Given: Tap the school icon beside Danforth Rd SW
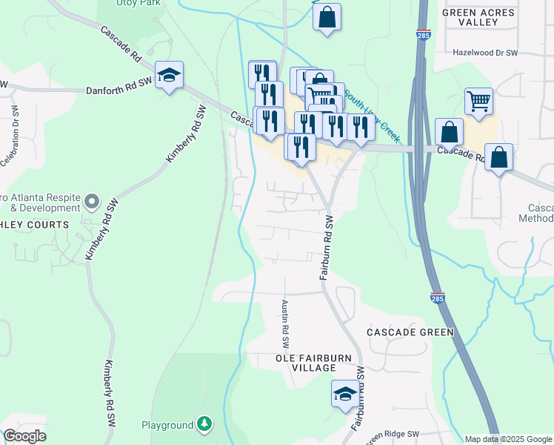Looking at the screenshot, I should (170, 75).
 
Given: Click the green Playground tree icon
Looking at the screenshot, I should (204, 425).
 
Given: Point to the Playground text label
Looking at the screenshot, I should (167, 426).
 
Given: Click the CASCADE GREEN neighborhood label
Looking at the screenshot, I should (410, 332).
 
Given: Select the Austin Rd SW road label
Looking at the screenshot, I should (284, 324).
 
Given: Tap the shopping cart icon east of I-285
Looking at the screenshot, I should (479, 101).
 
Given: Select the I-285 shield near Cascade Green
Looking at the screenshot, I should (437, 298).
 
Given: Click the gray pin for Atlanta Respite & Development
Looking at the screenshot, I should (91, 201).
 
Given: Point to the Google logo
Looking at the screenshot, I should (24, 436).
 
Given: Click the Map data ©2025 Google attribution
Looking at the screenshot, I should (508, 439).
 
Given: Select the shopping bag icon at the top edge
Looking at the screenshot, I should (327, 16).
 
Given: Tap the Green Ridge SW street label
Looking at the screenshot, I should (392, 435).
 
